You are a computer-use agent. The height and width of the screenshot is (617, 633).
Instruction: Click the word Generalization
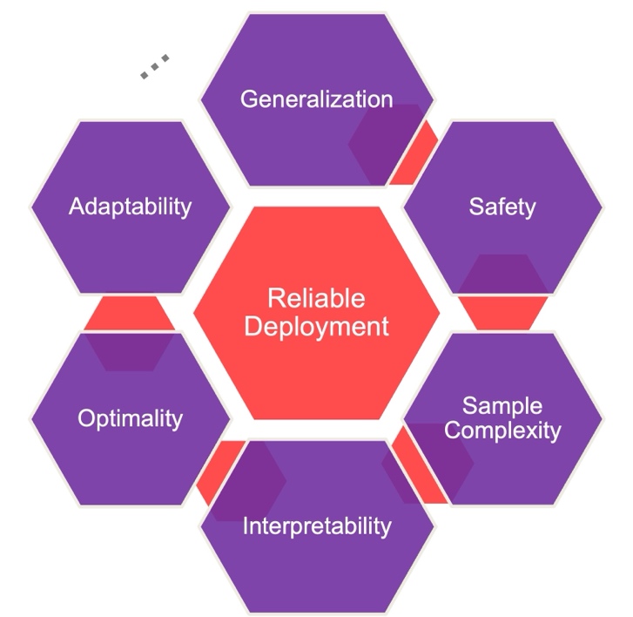pyautogui.click(x=316, y=98)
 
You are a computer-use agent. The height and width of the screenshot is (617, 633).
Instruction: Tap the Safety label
pyautogui.click(x=502, y=207)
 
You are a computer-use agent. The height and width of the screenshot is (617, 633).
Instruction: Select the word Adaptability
pyautogui.click(x=130, y=207)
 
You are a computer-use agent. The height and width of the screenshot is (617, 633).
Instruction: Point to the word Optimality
pyautogui.click(x=130, y=418)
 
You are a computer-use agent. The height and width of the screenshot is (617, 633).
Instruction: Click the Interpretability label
pyautogui.click(x=316, y=526)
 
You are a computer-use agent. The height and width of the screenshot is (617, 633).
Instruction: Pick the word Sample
pyautogui.click(x=502, y=406)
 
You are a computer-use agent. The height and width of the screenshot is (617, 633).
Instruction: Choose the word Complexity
pyautogui.click(x=508, y=430)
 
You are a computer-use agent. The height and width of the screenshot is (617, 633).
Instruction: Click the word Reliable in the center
pyautogui.click(x=316, y=299)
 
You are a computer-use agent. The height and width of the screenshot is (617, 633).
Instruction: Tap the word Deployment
pyautogui.click(x=316, y=327)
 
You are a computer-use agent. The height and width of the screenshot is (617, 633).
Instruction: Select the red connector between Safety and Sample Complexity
pyautogui.click(x=503, y=312)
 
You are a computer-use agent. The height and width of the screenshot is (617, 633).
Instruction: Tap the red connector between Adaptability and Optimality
pyautogui.click(x=129, y=313)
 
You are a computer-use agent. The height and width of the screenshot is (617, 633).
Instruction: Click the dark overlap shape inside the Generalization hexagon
pyautogui.click(x=383, y=144)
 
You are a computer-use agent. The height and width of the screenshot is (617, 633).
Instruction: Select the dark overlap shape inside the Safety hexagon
pyautogui.click(x=503, y=275)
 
